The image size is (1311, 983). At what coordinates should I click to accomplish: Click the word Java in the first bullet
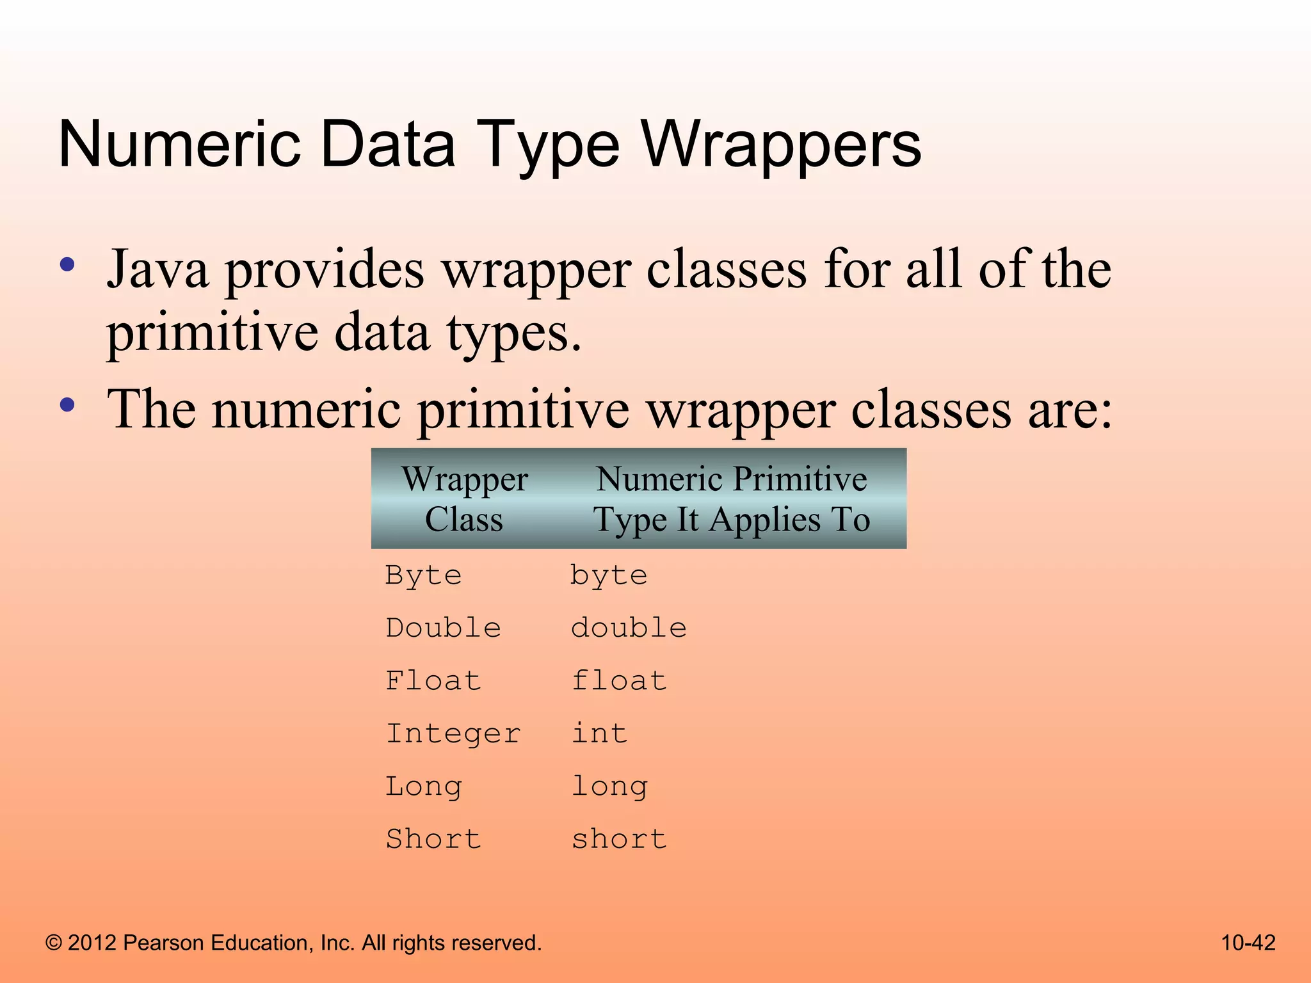pyautogui.click(x=157, y=269)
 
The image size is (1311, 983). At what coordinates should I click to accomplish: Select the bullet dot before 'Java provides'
pyautogui.click(x=67, y=265)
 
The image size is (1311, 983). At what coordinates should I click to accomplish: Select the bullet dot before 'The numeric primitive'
pyautogui.click(x=67, y=404)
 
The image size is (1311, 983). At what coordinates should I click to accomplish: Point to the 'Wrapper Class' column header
pyautogui.click(x=465, y=499)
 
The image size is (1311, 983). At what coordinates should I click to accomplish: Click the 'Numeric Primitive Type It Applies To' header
pyautogui.click(x=732, y=499)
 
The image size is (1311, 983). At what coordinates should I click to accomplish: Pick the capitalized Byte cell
pyautogui.click(x=423, y=576)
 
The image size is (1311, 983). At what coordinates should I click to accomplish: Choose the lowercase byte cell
pyautogui.click(x=609, y=576)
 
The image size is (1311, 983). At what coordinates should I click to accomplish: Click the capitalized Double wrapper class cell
pyautogui.click(x=443, y=628)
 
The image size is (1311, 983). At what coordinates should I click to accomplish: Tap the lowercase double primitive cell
pyautogui.click(x=629, y=628)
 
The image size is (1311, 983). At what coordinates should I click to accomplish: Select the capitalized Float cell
pyautogui.click(x=433, y=681)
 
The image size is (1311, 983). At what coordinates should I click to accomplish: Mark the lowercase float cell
pyautogui.click(x=619, y=681)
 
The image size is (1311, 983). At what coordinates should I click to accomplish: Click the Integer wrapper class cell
pyautogui.click(x=453, y=733)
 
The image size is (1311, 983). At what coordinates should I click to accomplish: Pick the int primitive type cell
pyautogui.click(x=599, y=733)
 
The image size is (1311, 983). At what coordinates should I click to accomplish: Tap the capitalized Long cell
pyautogui.click(x=423, y=787)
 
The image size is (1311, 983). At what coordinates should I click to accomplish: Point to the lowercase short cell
pyautogui.click(x=619, y=839)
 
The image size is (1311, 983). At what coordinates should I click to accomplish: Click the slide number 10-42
pyautogui.click(x=1248, y=943)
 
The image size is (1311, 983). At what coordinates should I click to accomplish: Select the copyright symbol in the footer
pyautogui.click(x=54, y=943)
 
